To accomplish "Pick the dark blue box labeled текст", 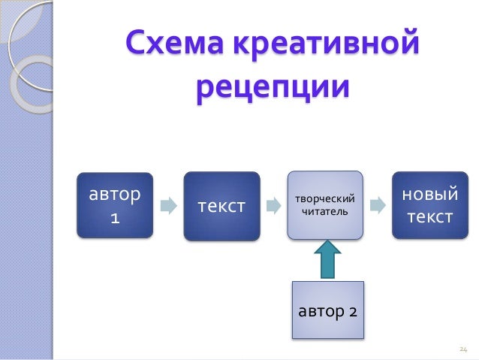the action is click(x=221, y=206).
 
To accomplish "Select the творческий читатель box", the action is click(x=324, y=206).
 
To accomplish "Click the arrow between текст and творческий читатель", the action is click(x=273, y=206).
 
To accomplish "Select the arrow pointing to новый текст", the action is click(x=378, y=206).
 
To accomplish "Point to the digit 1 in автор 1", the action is click(x=115, y=219).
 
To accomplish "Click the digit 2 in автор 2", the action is click(x=352, y=310).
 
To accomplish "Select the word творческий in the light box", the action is click(x=324, y=199).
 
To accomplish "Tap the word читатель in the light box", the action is click(x=324, y=213).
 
